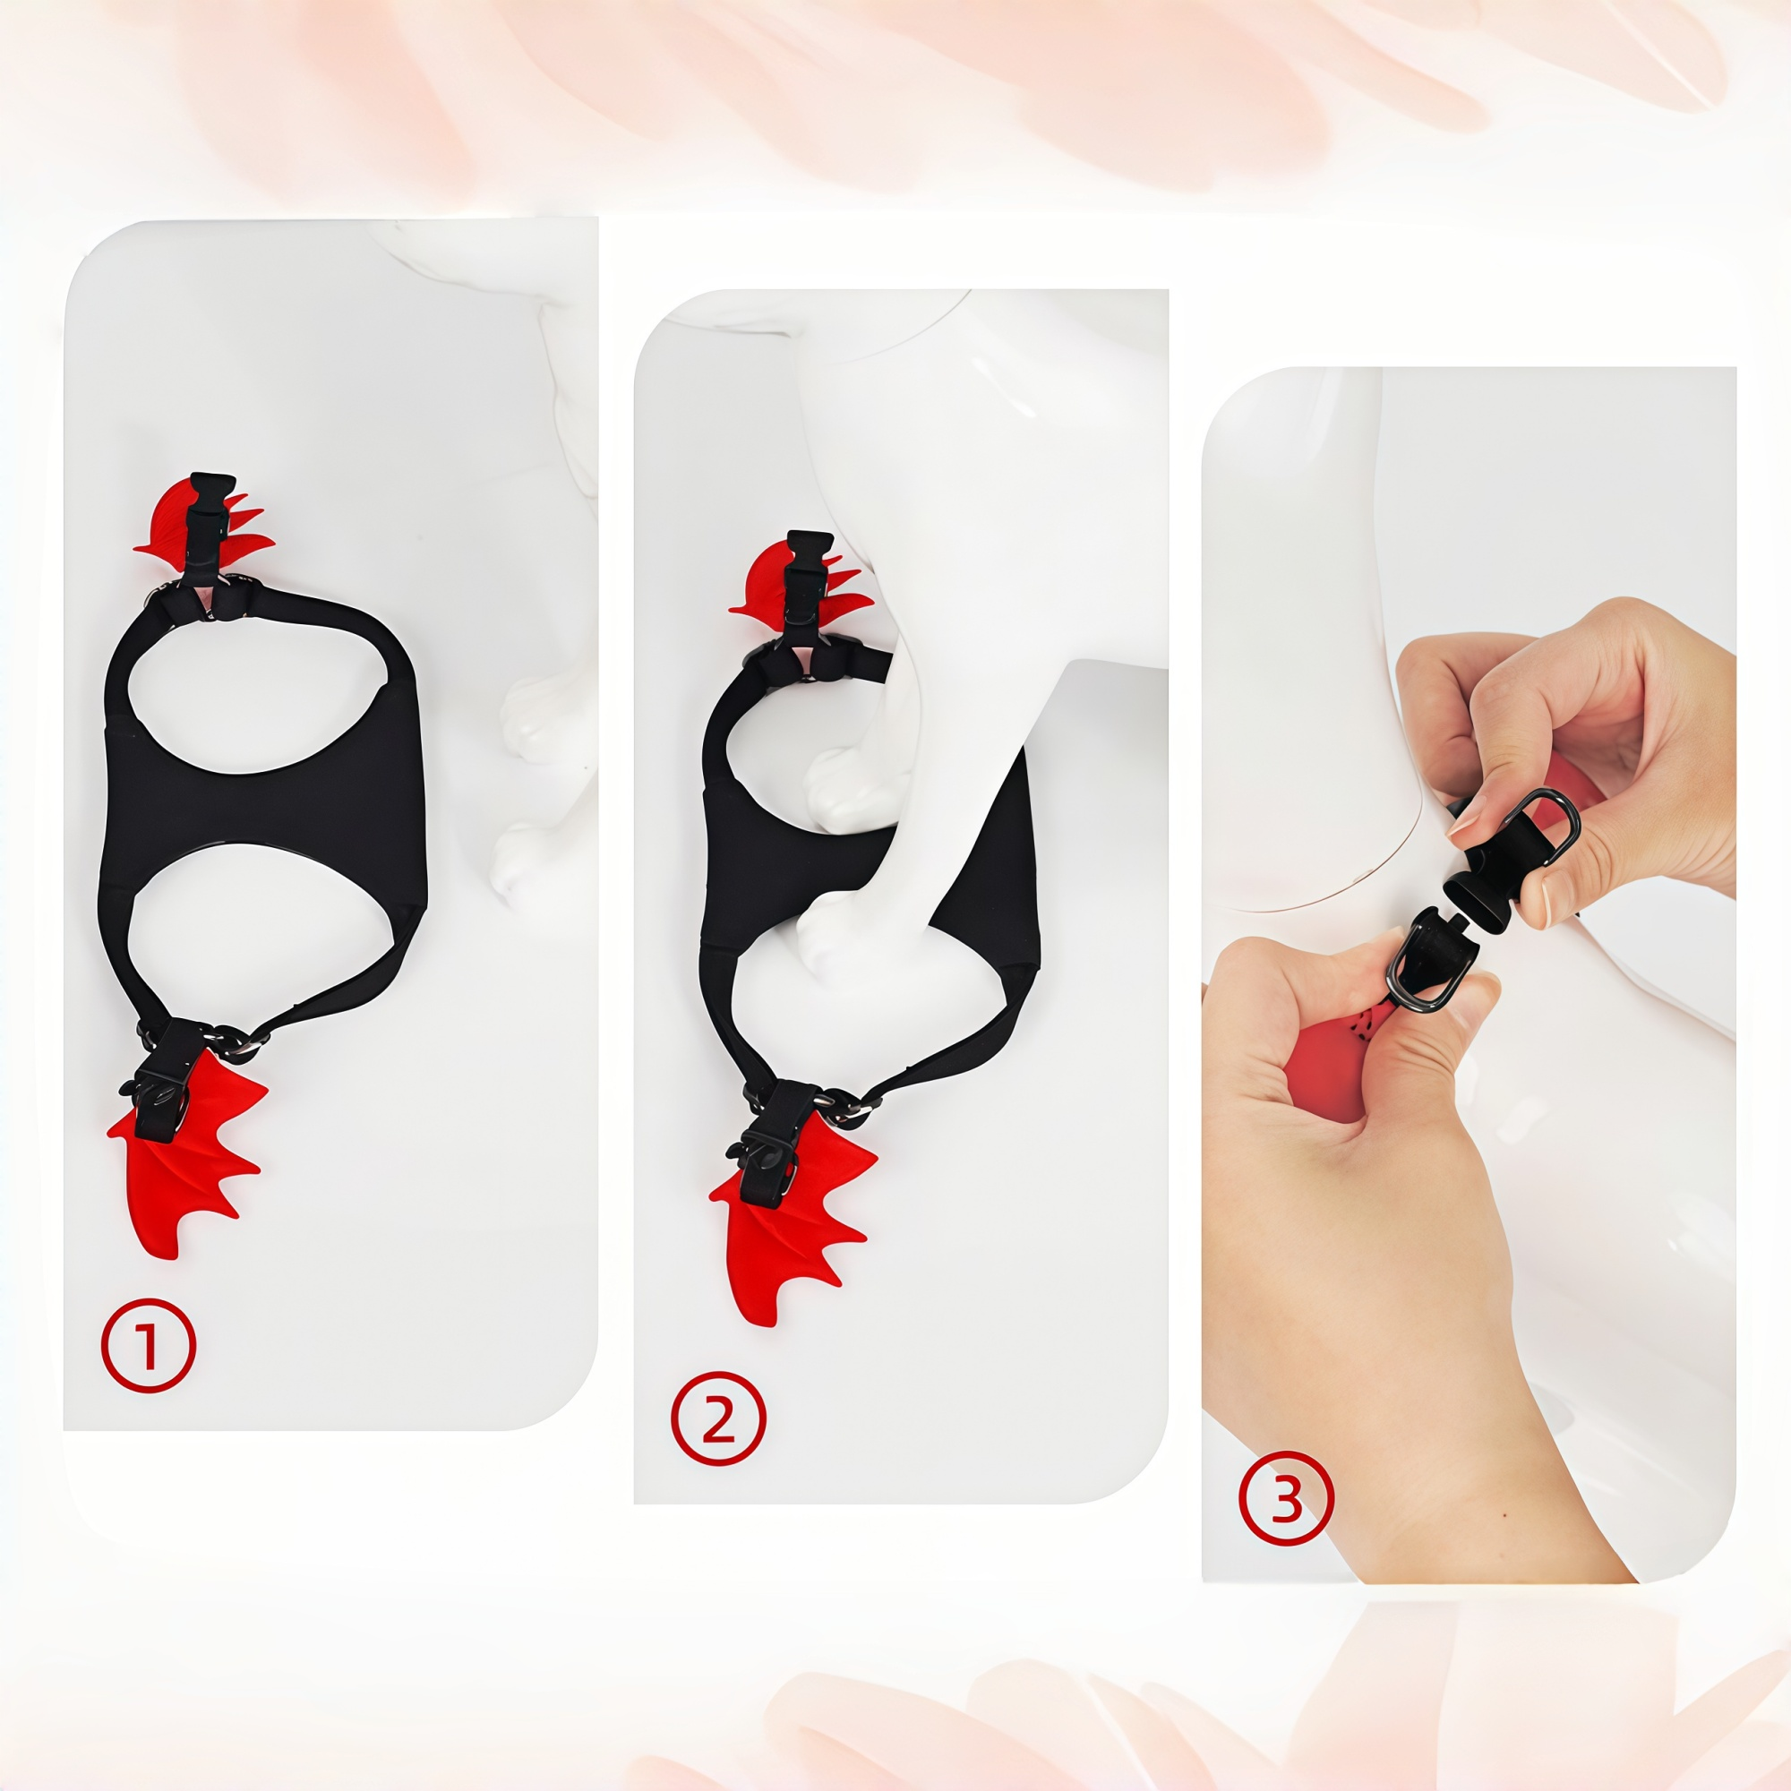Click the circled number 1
[x=149, y=1346]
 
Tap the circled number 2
[x=718, y=1418]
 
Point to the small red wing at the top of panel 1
[x=167, y=519]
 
